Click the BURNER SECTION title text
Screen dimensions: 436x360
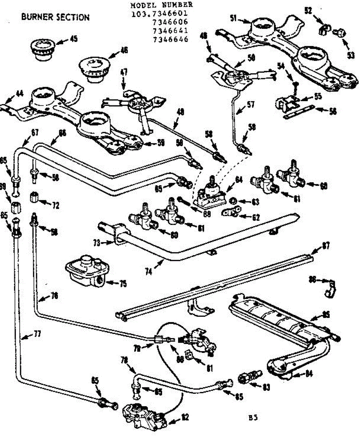[x=55, y=17]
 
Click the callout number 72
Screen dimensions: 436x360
[x=55, y=206]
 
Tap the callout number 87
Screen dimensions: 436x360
[x=326, y=246]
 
